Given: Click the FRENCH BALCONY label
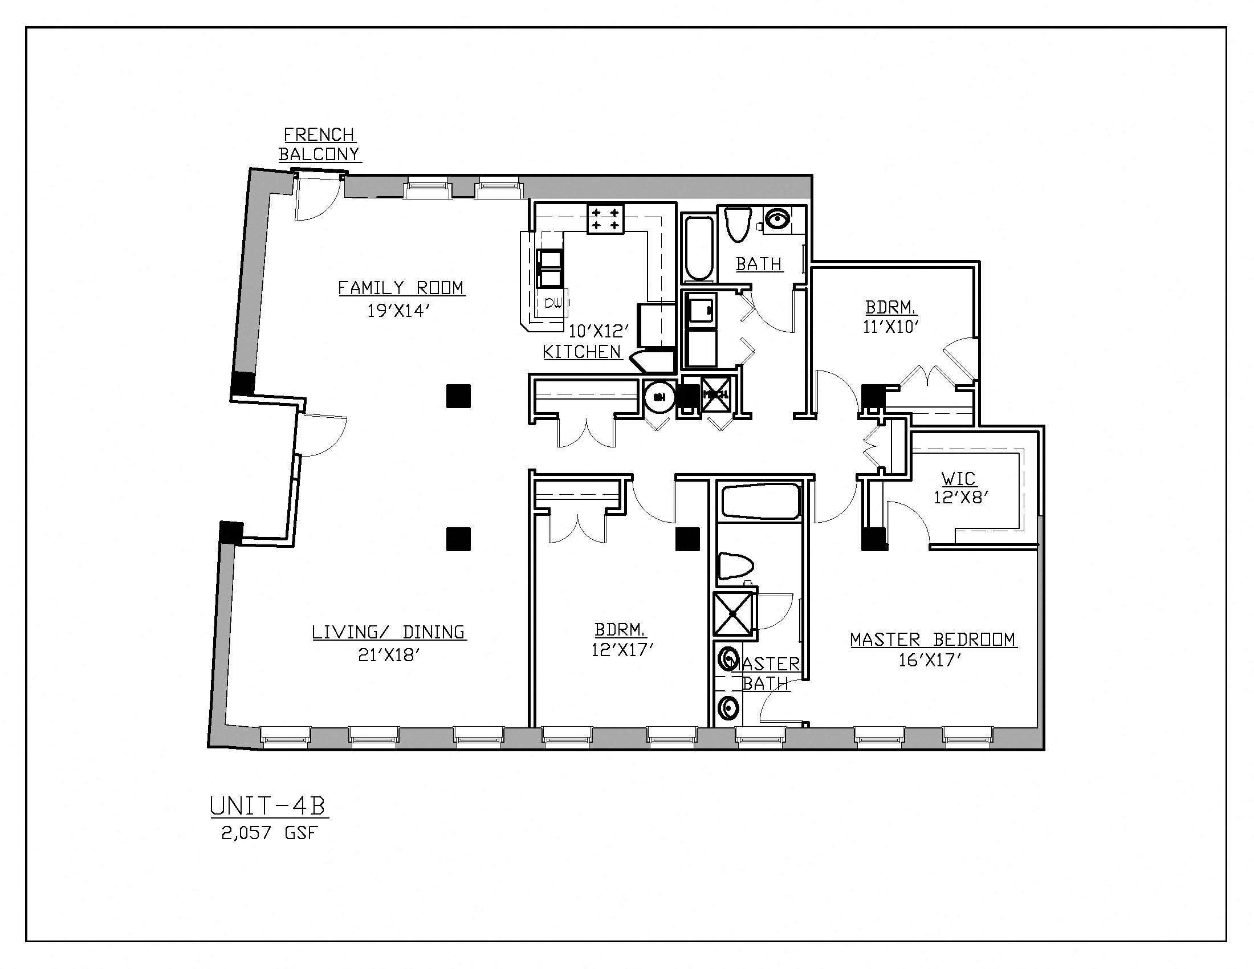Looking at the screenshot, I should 319,144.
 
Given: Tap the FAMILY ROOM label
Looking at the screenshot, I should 401,287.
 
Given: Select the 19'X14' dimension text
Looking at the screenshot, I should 398,311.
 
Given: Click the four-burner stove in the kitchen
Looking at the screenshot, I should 605,219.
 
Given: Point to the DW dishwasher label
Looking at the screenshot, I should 553,304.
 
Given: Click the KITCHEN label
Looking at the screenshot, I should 582,351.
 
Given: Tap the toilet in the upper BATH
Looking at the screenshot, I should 738,225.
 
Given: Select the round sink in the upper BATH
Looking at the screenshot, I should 777,219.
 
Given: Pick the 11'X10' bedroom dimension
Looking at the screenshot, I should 891,327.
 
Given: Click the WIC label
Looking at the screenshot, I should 959,478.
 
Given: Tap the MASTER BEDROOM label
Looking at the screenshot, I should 933,639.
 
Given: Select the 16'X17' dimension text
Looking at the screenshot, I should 930,660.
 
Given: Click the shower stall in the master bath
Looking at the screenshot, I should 732,614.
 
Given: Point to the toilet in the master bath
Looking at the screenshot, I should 735,566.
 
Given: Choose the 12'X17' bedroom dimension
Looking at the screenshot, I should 623,649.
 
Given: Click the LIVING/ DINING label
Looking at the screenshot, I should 389,632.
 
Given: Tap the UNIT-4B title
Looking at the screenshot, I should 268,806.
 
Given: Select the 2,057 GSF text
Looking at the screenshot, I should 269,833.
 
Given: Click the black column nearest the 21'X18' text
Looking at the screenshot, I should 458,539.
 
